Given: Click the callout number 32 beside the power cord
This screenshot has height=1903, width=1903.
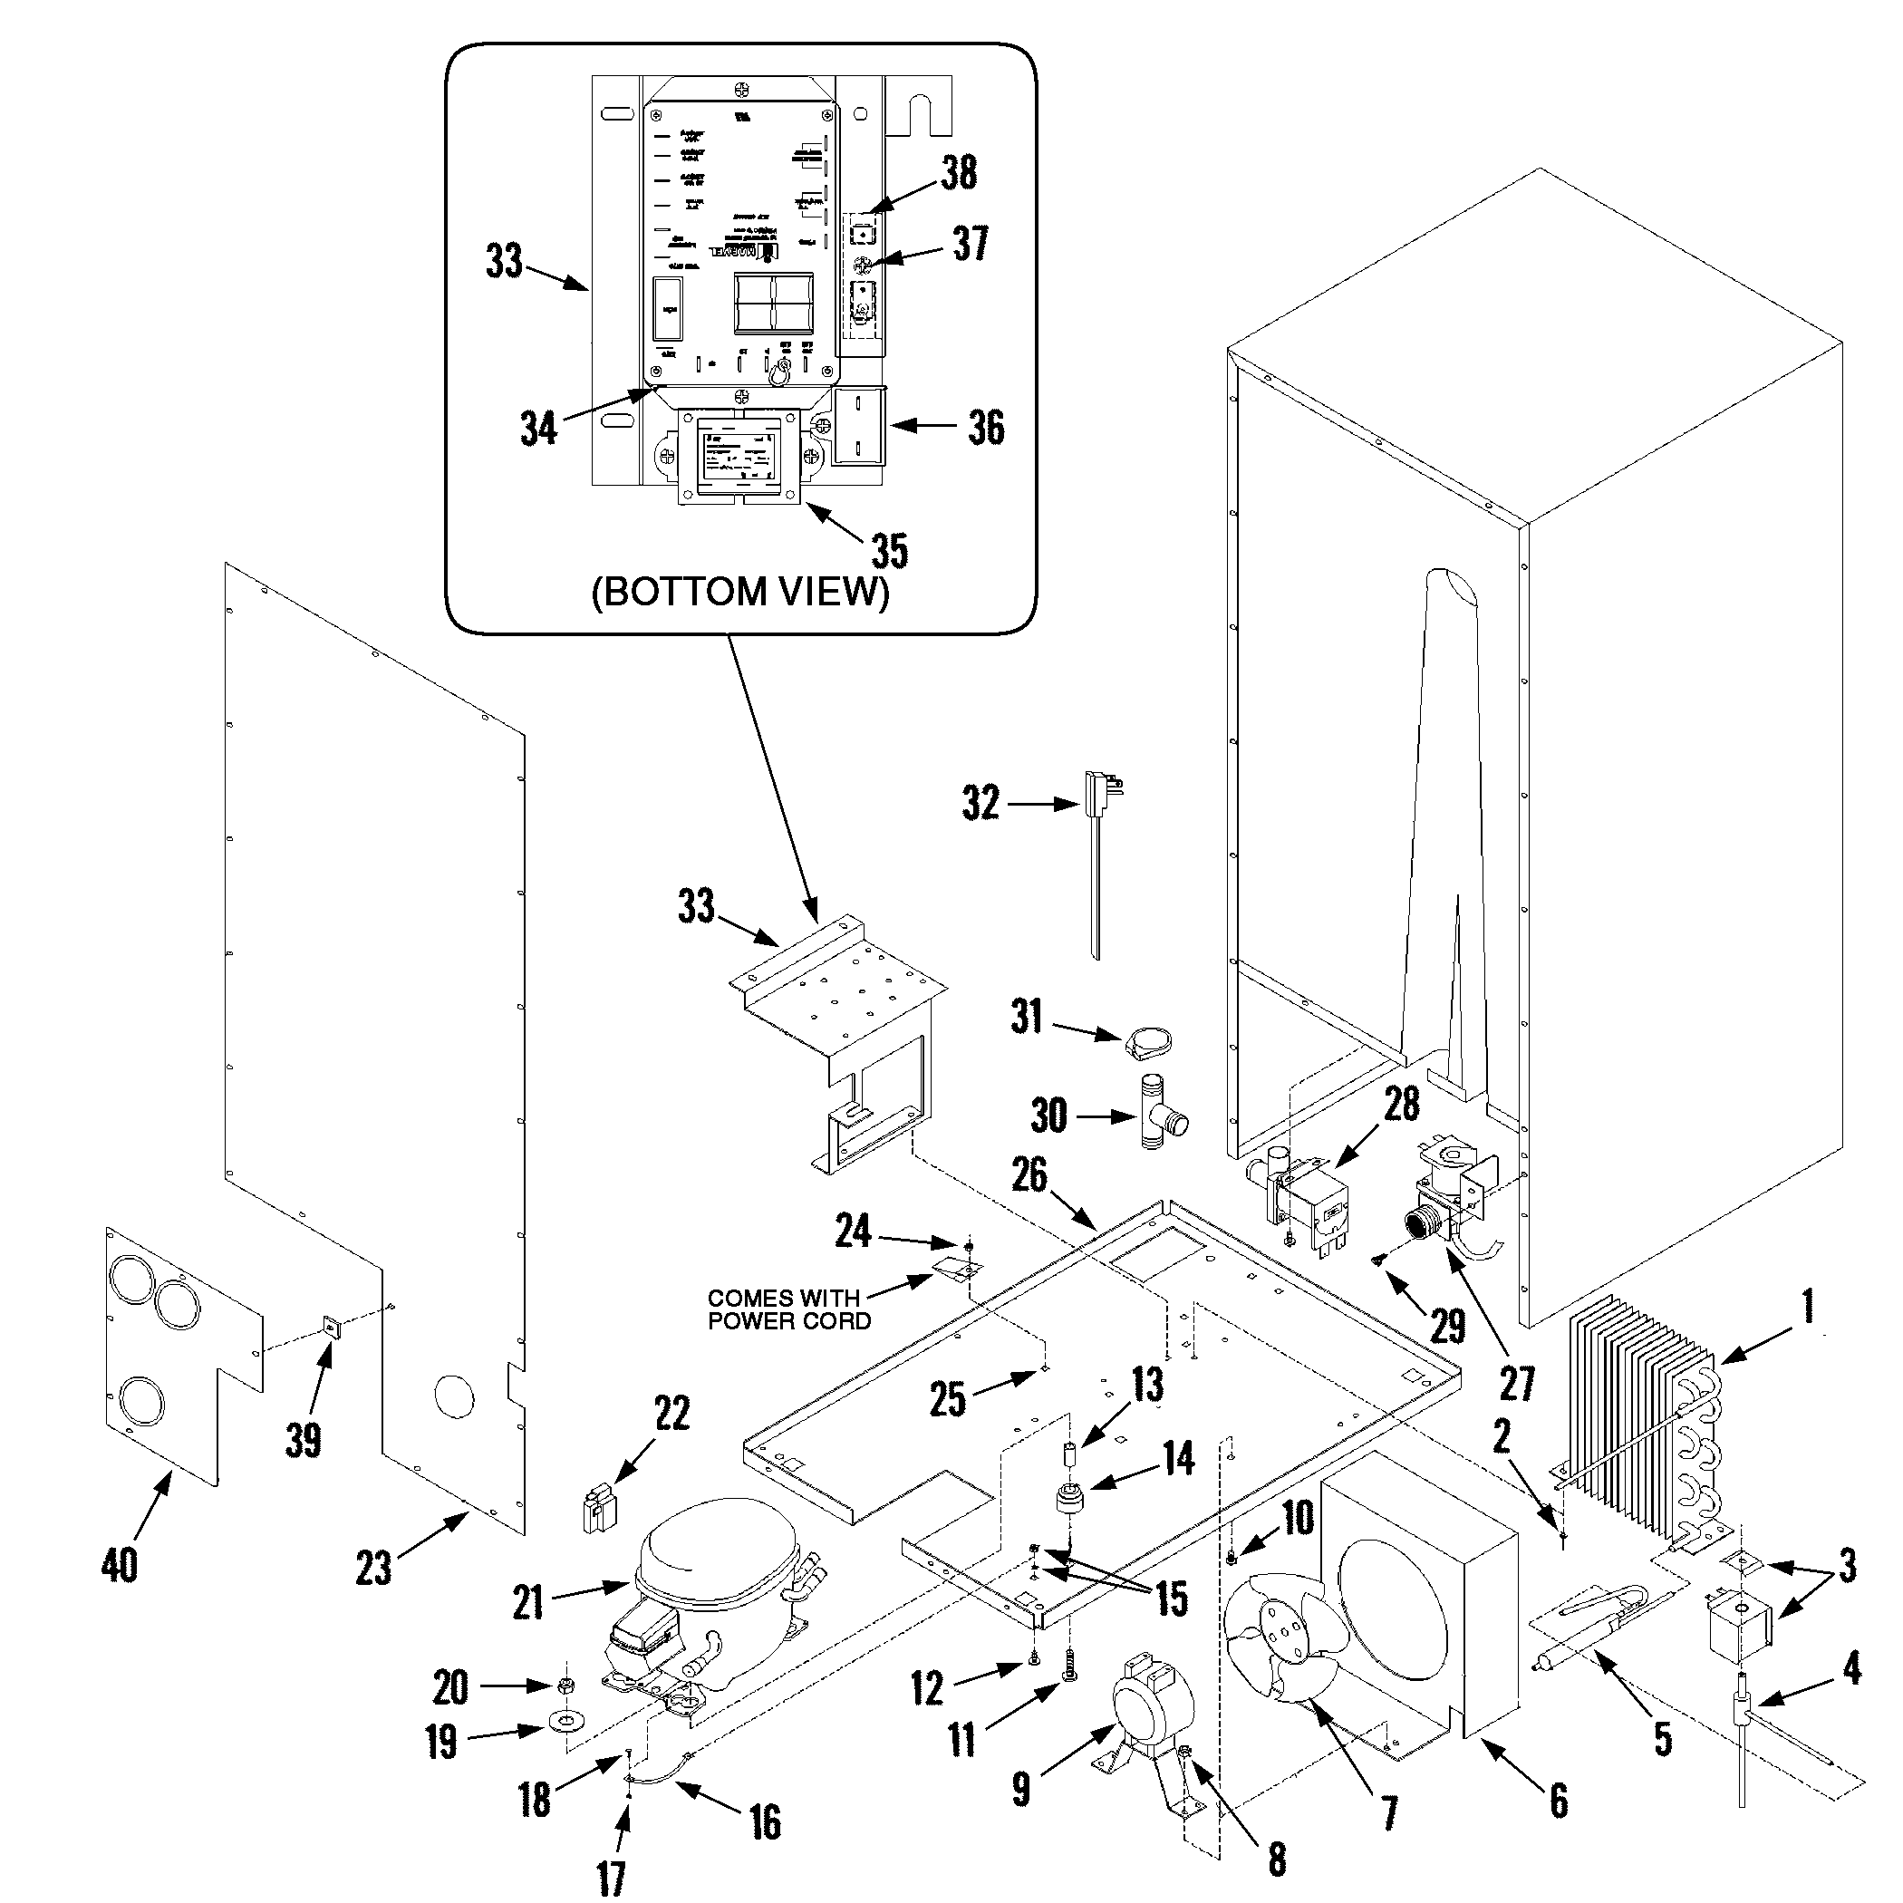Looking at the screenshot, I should coord(980,803).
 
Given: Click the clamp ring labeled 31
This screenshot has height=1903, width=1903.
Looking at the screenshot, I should coord(1147,1041).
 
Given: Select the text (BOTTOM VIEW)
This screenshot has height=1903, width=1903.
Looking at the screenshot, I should coord(739,592).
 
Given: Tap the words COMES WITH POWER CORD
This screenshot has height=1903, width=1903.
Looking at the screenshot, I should coord(788,1310).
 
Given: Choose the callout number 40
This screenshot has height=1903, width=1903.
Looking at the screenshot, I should coord(120,1564).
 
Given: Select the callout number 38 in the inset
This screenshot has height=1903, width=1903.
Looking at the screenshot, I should coord(959,173).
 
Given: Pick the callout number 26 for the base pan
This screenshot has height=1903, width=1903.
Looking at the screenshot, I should coord(1029,1174).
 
